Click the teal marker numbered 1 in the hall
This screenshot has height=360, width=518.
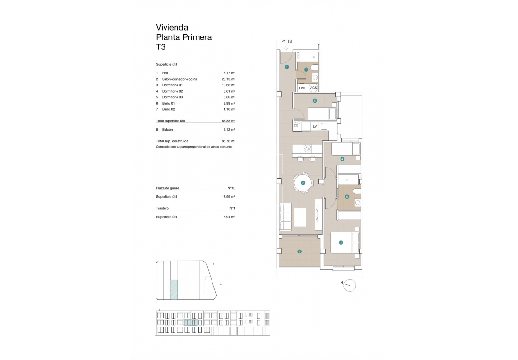click(x=287, y=67)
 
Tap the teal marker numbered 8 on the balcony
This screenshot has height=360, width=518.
click(x=299, y=251)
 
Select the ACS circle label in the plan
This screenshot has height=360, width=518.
click(x=313, y=88)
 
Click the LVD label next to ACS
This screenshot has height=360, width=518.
click(x=302, y=88)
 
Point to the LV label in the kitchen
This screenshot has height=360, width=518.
click(x=315, y=126)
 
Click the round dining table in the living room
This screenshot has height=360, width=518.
click(x=303, y=182)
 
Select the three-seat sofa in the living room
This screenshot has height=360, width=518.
click(x=284, y=217)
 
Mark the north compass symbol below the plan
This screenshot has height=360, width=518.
click(x=351, y=285)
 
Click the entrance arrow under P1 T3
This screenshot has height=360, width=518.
click(x=286, y=48)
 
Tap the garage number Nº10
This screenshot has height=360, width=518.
click(x=231, y=188)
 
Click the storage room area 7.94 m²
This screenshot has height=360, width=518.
click(x=229, y=217)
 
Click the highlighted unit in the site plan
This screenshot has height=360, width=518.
click(x=175, y=289)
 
